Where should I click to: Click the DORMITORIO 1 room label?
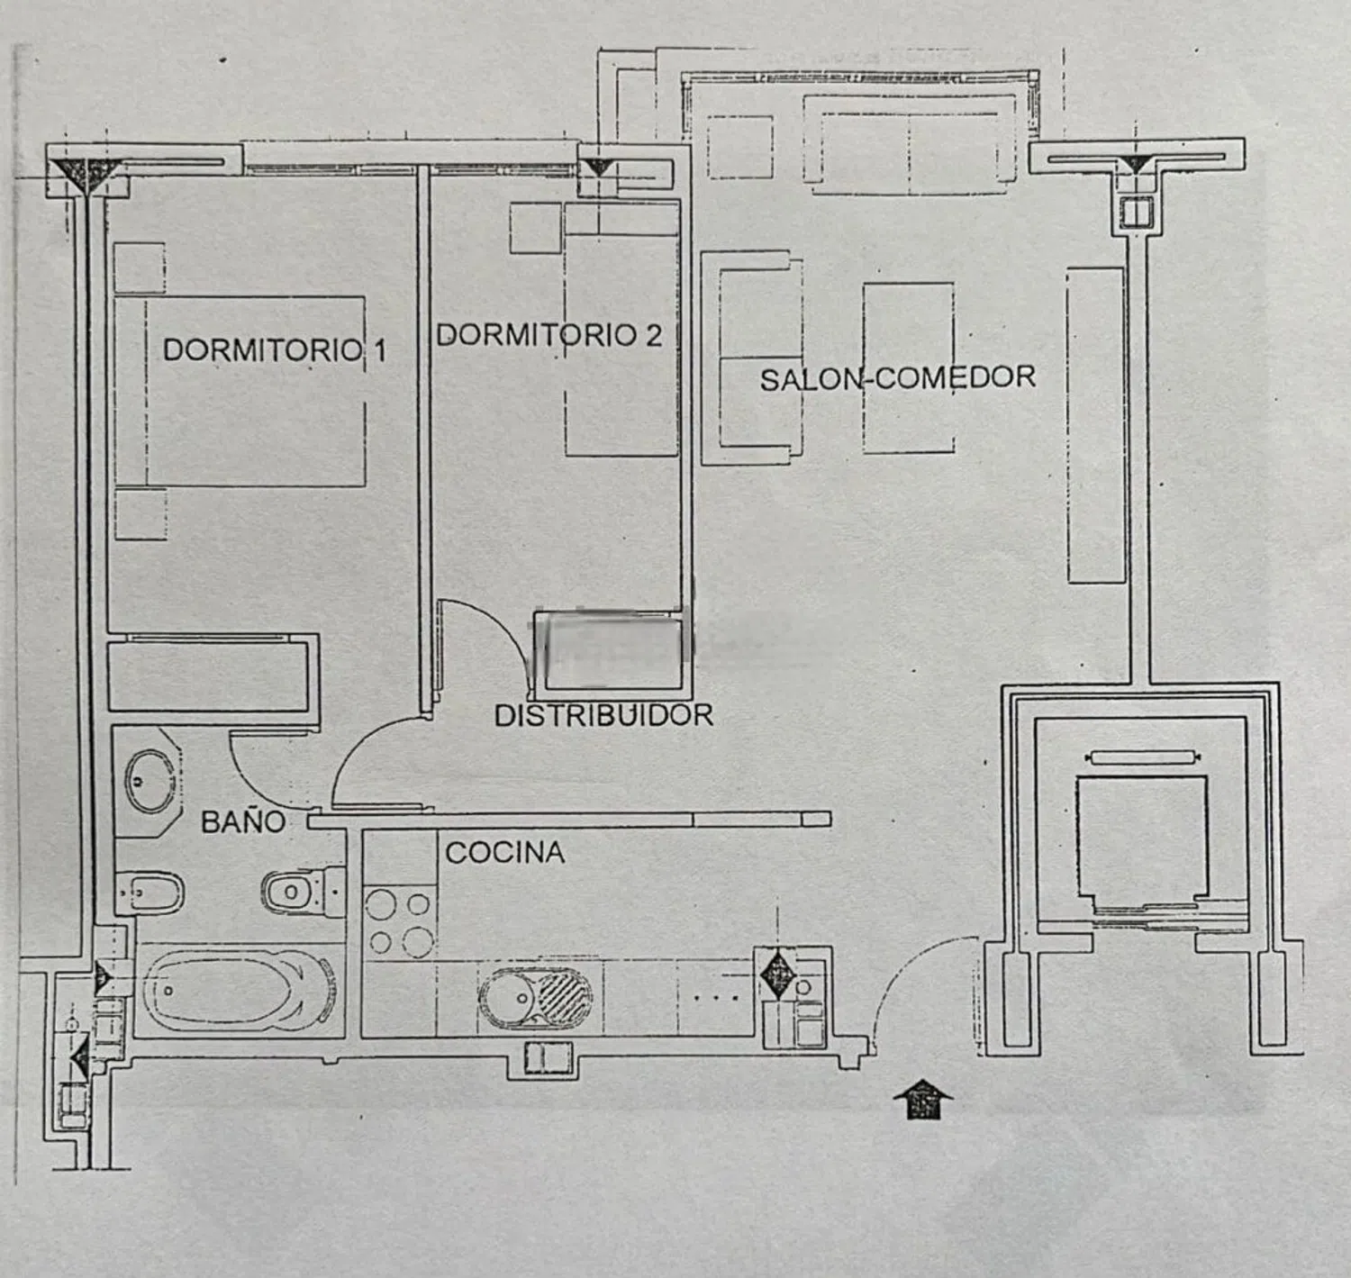point(275,350)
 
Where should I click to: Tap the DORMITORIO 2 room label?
point(549,335)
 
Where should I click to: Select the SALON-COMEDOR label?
point(897,378)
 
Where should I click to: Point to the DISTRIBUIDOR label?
point(604,715)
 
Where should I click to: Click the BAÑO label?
point(243,821)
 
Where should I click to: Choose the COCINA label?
point(505,853)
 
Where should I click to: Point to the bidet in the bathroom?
point(150,893)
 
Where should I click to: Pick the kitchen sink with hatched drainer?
point(535,998)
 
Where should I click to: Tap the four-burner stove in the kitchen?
point(399,922)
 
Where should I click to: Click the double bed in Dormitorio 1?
point(240,392)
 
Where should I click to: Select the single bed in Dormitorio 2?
point(621,329)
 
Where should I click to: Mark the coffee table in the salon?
point(909,367)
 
